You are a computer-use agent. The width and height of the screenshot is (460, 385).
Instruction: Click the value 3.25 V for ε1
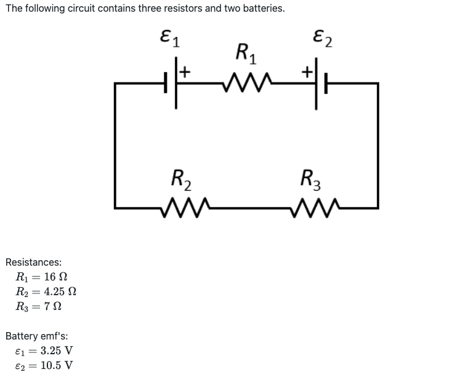pyautogui.click(x=57, y=351)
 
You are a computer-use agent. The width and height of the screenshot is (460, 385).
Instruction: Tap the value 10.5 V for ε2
pyautogui.click(x=57, y=365)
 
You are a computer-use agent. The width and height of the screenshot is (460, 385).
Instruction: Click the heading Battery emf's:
pyautogui.click(x=36, y=336)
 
